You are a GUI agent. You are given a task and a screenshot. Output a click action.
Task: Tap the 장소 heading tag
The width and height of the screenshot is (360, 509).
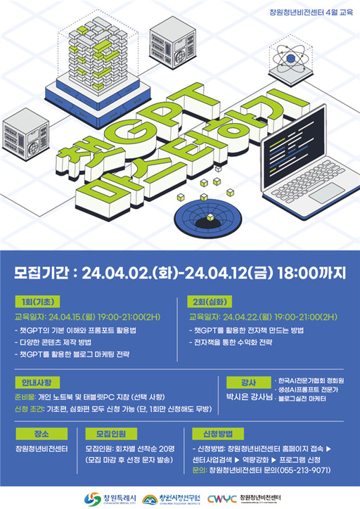[34, 434]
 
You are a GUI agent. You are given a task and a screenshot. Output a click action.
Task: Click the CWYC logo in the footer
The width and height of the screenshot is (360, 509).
[223, 497]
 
